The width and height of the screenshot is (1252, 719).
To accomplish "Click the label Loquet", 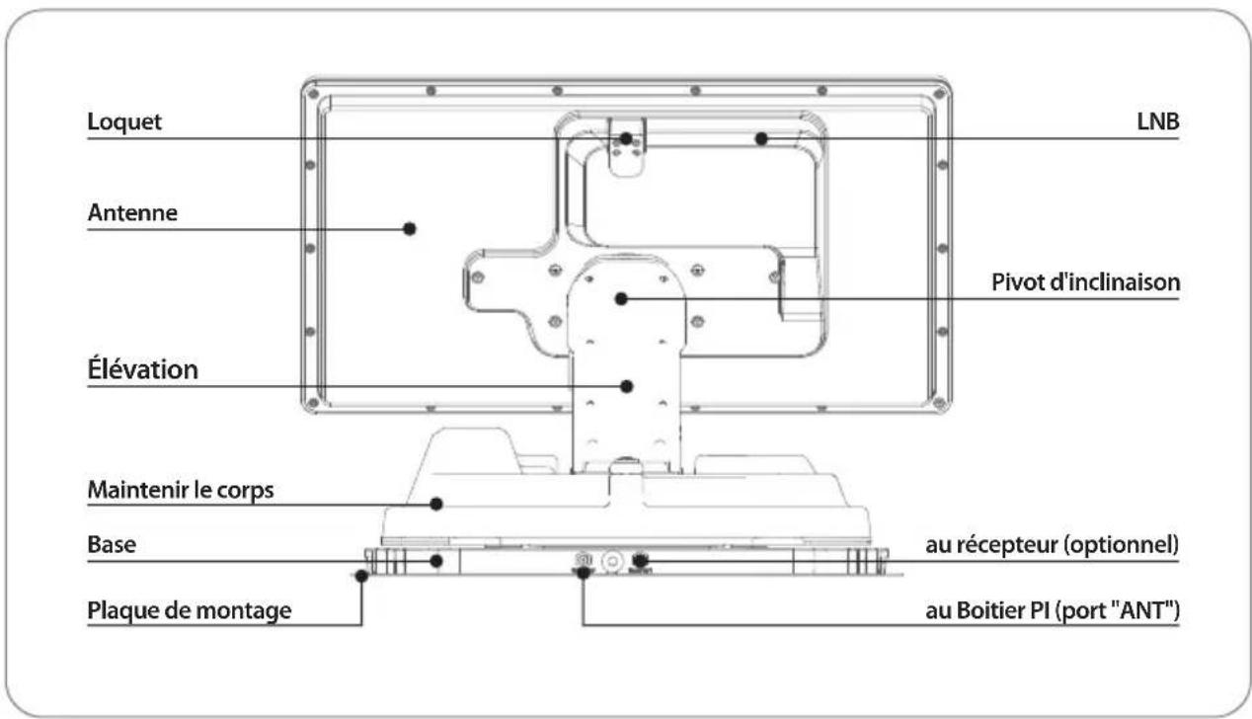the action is tap(124, 121).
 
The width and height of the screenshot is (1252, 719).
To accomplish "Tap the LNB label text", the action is tap(1158, 121).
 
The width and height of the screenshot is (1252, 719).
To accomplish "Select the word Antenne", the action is tap(132, 213).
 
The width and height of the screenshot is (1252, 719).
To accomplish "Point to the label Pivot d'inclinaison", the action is tap(1085, 282).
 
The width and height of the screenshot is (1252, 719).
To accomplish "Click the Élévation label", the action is tap(142, 369).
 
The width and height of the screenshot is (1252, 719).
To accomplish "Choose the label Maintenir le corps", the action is tap(181, 490).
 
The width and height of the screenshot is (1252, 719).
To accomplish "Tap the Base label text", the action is tap(112, 544).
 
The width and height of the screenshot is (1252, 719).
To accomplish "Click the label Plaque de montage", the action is tap(189, 610).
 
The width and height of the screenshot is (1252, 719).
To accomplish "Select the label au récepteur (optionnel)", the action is tap(1052, 545).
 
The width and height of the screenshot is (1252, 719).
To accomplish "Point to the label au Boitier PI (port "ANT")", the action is tap(1053, 610).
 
